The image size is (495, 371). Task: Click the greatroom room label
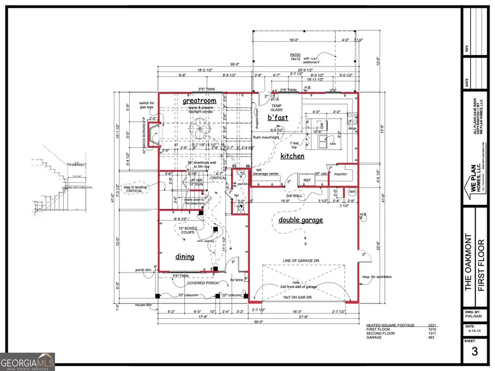[x=199, y=101]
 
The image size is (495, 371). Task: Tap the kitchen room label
[x=293, y=156]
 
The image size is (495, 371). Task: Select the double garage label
[x=301, y=220]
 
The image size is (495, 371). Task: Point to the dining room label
[x=184, y=256]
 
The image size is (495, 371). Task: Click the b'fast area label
[x=278, y=117]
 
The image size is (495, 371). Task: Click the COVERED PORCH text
[x=203, y=283]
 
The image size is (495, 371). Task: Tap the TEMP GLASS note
[x=276, y=107]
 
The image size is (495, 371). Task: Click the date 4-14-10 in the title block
[x=474, y=331]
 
